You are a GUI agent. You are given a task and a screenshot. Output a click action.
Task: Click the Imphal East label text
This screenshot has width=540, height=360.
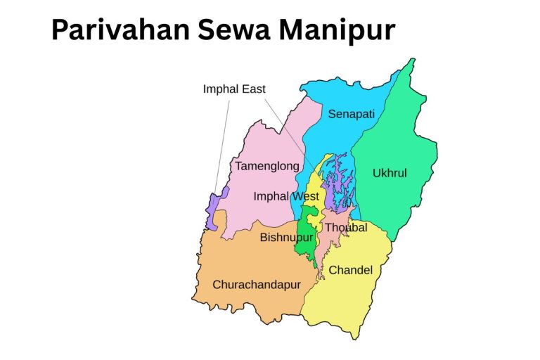tap(234, 89)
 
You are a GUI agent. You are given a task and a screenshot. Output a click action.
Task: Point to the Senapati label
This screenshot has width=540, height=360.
tap(352, 114)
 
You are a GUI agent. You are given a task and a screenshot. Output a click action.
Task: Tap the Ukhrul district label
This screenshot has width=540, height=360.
tap(390, 173)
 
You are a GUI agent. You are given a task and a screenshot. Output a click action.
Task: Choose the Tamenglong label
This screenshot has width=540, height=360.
tap(266, 167)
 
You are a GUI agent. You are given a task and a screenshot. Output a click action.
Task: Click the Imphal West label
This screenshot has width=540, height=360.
tap(285, 196)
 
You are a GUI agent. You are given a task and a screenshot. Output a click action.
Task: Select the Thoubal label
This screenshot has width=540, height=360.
tap(345, 228)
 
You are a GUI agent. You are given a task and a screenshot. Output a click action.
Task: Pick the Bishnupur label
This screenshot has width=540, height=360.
tap(286, 238)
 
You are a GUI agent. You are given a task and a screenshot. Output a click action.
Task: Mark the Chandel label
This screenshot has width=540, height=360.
tap(350, 270)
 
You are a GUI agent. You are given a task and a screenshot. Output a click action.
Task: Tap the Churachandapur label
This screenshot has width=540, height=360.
tap(256, 285)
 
